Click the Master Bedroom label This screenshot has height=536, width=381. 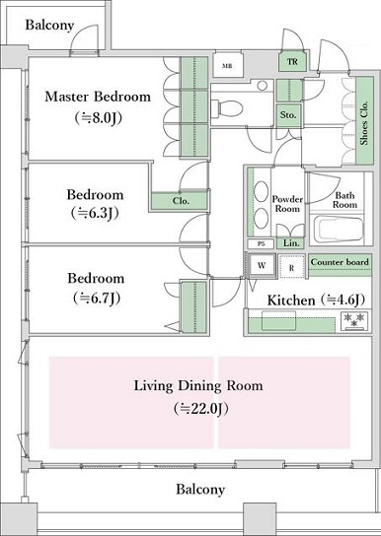pyautogui.click(x=98, y=97)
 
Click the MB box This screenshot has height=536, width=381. pyautogui.click(x=227, y=66)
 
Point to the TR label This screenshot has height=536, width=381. pyautogui.click(x=292, y=62)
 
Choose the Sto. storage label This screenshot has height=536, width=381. pyautogui.click(x=288, y=115)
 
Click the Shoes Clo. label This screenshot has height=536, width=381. pyautogui.click(x=364, y=123)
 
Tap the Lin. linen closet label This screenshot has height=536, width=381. pyautogui.click(x=291, y=243)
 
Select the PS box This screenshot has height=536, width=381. pyautogui.click(x=262, y=244)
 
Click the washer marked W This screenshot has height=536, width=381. pyautogui.click(x=262, y=265)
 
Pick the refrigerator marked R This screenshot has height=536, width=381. pyautogui.click(x=291, y=267)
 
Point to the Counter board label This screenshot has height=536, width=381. pyautogui.click(x=340, y=262)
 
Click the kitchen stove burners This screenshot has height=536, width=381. pyautogui.click(x=355, y=321)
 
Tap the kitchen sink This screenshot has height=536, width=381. pyautogui.click(x=278, y=320)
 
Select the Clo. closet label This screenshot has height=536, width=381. pyautogui.click(x=181, y=201)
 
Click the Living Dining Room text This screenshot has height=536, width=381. pyautogui.click(x=198, y=386)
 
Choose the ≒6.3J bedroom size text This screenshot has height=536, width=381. pyautogui.click(x=95, y=213)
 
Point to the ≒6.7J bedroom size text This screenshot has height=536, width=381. pyautogui.click(x=97, y=299)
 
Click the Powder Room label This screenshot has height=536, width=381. pyautogui.click(x=287, y=204)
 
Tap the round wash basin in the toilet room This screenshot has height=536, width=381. pyautogui.click(x=263, y=86)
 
